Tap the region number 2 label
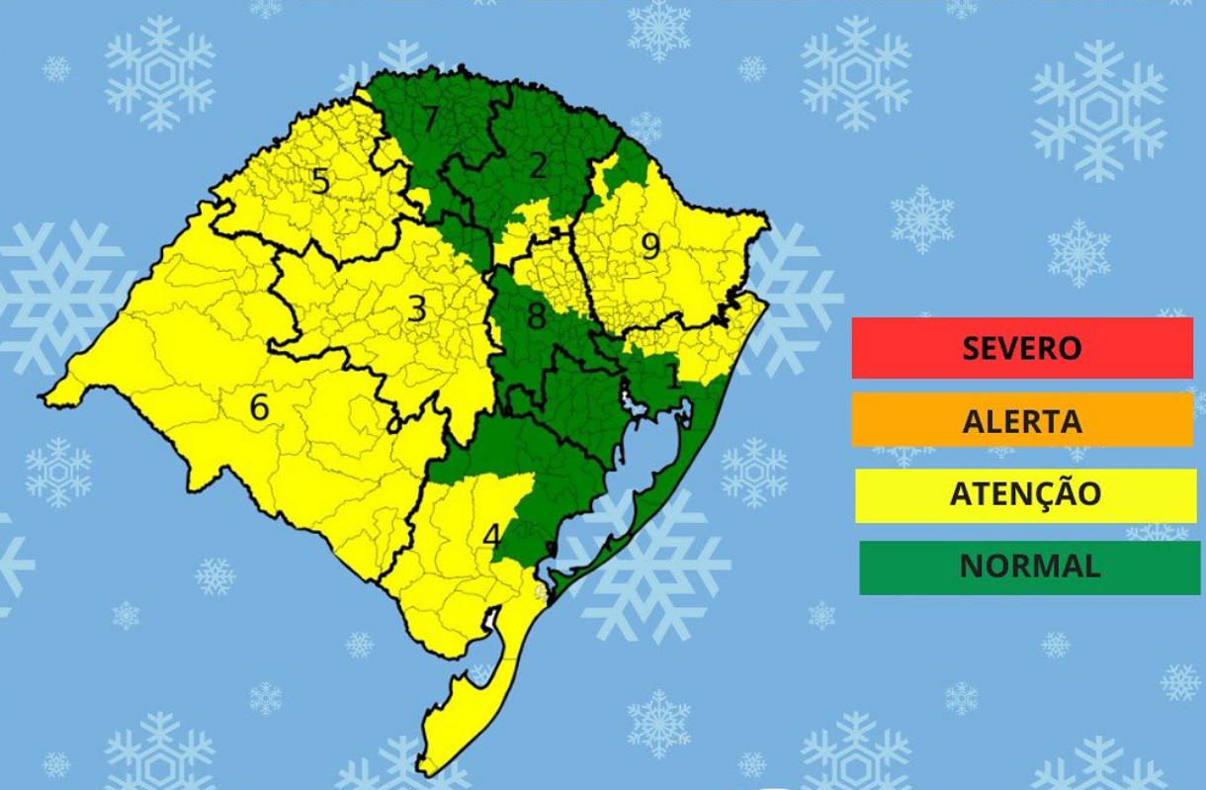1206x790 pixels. pyautogui.click(x=538, y=165)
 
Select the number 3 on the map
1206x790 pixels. pyautogui.click(x=417, y=309)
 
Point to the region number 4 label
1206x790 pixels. pyautogui.click(x=491, y=536)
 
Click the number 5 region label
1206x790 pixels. pyautogui.click(x=319, y=181)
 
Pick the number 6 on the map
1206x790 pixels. pyautogui.click(x=259, y=406)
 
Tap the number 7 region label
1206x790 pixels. pyautogui.click(x=429, y=120)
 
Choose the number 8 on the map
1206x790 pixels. pyautogui.click(x=537, y=317)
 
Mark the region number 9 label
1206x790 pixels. pyautogui.click(x=649, y=246)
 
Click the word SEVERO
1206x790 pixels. pyautogui.click(x=1022, y=348)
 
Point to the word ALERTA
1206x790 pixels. pyautogui.click(x=1022, y=421)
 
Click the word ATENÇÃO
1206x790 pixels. pyautogui.click(x=1025, y=493)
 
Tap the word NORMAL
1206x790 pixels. pyautogui.click(x=1029, y=567)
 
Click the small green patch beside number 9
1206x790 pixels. pyautogui.click(x=623, y=173)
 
